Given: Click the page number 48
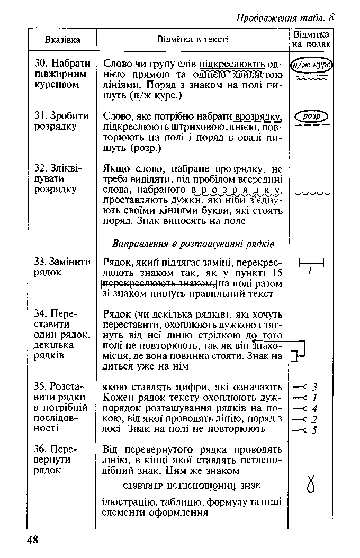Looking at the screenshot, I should click(x=32, y=539).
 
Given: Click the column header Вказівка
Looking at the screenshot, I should click(x=62, y=40).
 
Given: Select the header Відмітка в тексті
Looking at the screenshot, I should click(x=193, y=40).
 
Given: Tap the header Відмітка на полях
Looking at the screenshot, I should click(x=311, y=40).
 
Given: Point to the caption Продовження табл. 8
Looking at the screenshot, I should click(x=285, y=17).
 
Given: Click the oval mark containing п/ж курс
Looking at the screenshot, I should click(x=312, y=66).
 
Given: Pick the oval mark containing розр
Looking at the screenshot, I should click(x=312, y=116).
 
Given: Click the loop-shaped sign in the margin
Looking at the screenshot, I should click(x=311, y=484).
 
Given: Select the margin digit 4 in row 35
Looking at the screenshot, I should click(x=314, y=408).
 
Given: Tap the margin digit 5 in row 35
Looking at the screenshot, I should click(x=314, y=430).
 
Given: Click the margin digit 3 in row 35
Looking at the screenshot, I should click(x=314, y=387).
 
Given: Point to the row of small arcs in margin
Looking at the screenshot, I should click(x=312, y=194).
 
